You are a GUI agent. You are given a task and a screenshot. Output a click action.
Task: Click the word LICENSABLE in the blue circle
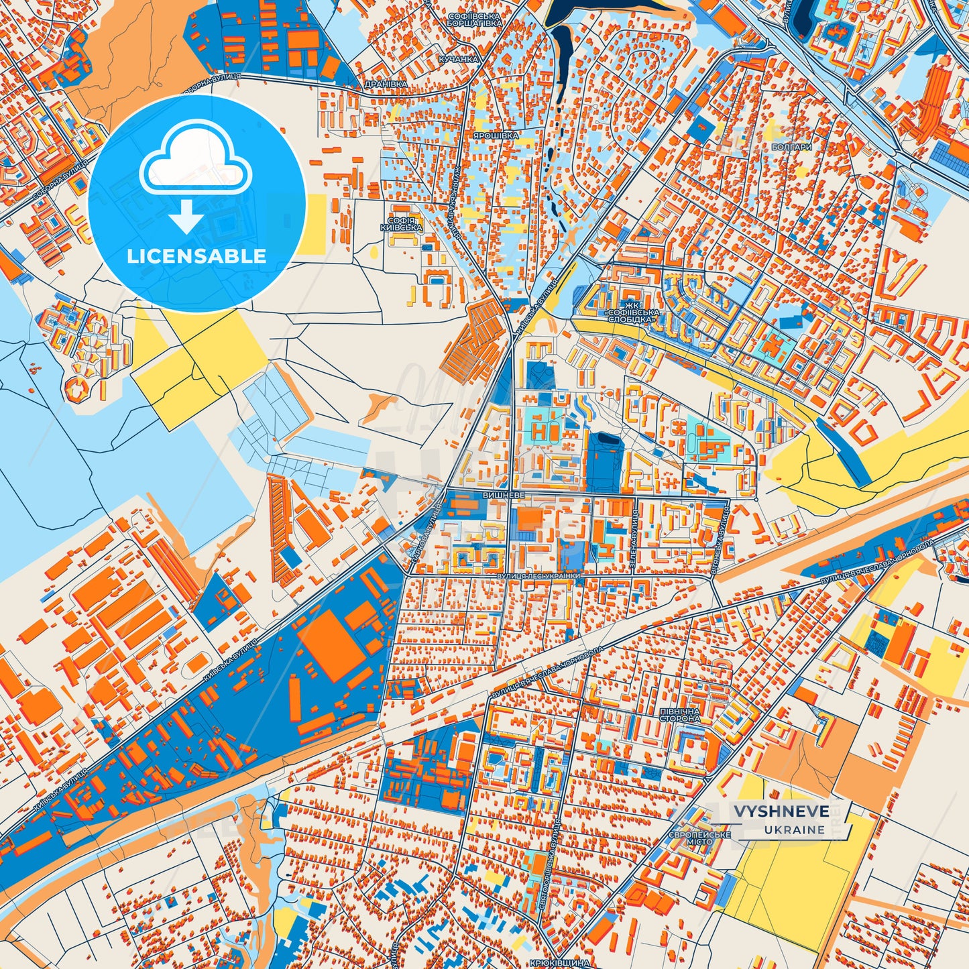point(197,256)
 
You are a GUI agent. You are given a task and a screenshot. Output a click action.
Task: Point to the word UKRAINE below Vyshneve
point(794,830)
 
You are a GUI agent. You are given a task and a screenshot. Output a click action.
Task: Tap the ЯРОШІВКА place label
point(496,135)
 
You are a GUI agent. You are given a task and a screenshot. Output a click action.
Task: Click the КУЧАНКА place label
point(459,59)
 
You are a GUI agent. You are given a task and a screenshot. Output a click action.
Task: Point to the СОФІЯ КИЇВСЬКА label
point(401,224)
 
